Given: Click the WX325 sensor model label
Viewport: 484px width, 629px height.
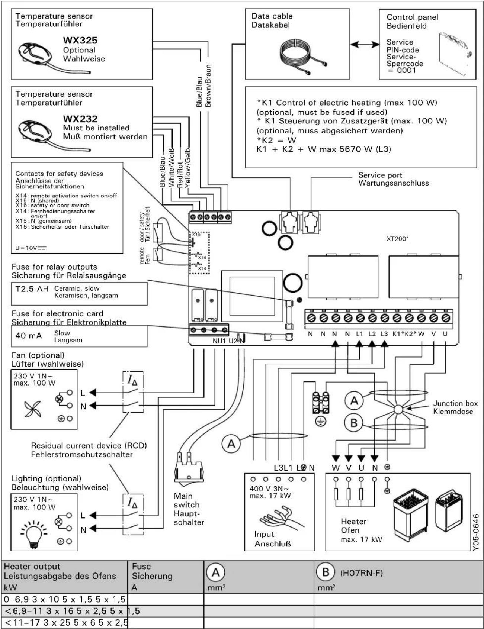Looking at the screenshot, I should [x=80, y=40].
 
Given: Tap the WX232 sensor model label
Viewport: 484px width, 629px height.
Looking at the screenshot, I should [x=80, y=119].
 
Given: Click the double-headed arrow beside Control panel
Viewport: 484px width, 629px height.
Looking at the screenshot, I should [x=365, y=45].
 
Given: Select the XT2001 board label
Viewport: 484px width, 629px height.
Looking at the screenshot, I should [x=397, y=239].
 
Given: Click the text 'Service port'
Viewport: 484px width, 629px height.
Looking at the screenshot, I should [x=380, y=175].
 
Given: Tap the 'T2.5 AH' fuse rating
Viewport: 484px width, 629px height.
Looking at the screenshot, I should [x=32, y=289].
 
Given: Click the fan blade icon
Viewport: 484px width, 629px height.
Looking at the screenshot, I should [x=33, y=409].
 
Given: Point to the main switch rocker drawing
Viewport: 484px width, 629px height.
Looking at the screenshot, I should [x=189, y=470].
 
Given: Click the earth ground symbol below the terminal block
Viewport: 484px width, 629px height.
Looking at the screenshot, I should [x=321, y=421].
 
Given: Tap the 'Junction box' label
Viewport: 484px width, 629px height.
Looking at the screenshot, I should [x=455, y=403].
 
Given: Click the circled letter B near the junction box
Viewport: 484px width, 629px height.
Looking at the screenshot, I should [x=353, y=423].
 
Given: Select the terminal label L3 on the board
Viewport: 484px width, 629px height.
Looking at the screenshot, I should [x=384, y=334].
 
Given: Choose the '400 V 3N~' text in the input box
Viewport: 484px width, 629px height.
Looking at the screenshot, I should [x=269, y=488].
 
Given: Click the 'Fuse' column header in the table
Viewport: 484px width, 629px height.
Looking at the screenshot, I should [x=141, y=567].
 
